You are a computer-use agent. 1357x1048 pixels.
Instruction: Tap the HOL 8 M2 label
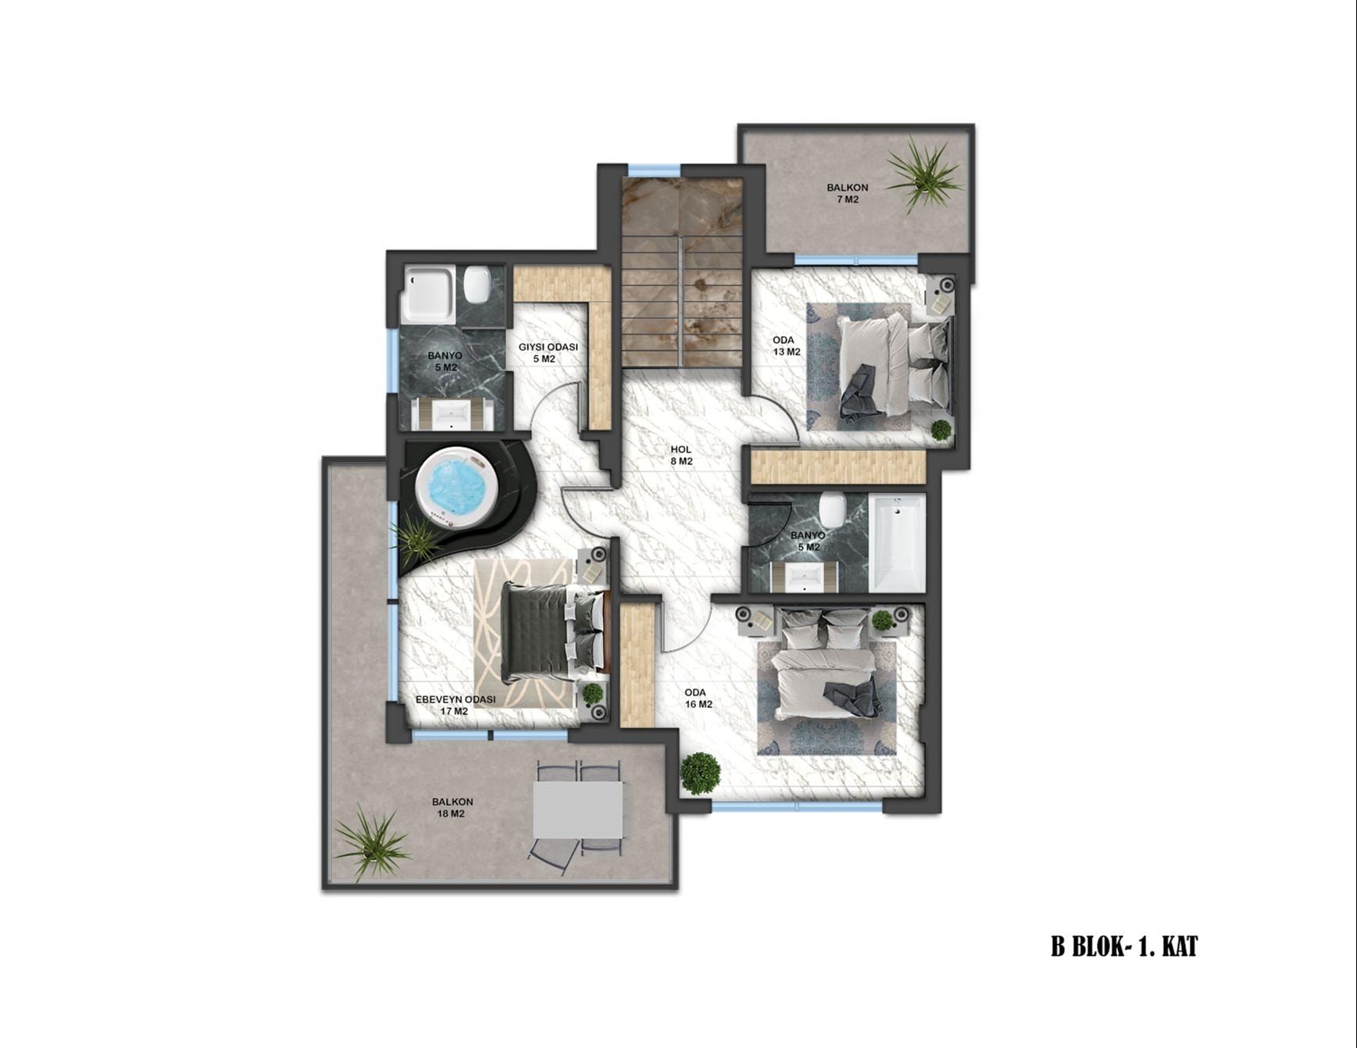680,455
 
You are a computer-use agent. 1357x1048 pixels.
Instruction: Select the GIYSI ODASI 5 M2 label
548,352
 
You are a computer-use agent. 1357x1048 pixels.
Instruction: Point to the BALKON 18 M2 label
452,807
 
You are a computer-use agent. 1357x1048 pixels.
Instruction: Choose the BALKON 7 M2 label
848,193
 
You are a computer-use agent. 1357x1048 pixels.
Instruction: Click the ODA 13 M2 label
787,345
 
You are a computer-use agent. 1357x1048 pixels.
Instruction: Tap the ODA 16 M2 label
698,698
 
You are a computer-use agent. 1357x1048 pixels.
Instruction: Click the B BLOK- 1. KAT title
1123,947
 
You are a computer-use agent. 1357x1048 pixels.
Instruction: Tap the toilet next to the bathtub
832,510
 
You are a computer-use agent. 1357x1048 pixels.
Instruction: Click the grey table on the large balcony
578,809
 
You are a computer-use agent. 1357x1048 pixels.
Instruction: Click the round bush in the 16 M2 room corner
700,773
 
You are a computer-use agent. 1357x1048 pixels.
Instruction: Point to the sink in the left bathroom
452,413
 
